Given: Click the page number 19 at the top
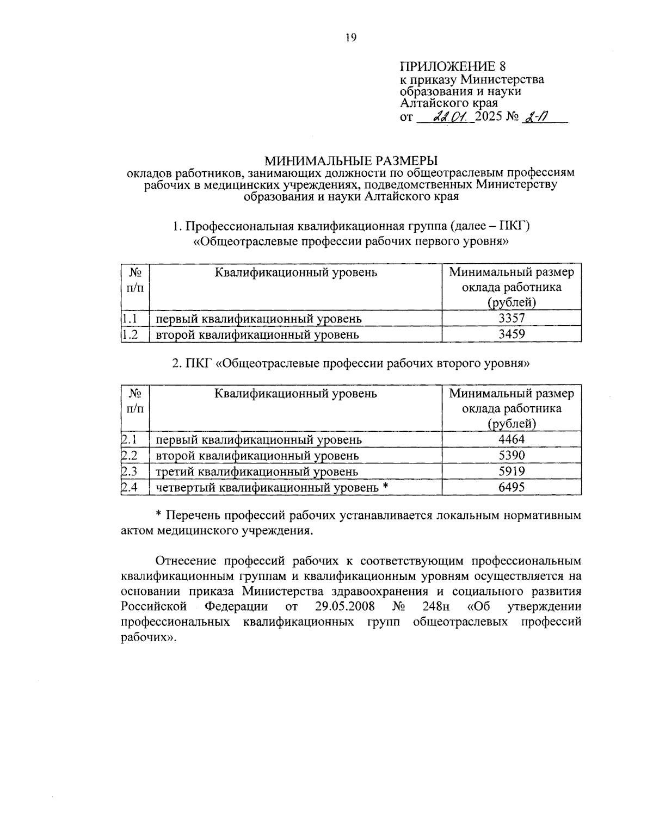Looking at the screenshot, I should pyautogui.click(x=350, y=38).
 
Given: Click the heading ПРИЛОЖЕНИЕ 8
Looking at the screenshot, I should pyautogui.click(x=453, y=66).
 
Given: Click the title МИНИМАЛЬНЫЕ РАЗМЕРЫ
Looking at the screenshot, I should pyautogui.click(x=350, y=160).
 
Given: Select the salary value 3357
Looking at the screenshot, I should pyautogui.click(x=512, y=318).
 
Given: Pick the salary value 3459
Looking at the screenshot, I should pyautogui.click(x=512, y=334).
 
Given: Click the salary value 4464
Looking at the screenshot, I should pyautogui.click(x=512, y=439).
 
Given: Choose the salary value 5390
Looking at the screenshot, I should pyautogui.click(x=512, y=455).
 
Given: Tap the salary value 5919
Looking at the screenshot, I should pyautogui.click(x=512, y=471).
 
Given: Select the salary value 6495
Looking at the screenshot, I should pyautogui.click(x=512, y=487).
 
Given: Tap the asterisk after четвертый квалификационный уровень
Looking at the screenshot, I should pyautogui.click(x=385, y=486).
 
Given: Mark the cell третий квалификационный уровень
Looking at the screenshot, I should pyautogui.click(x=257, y=471).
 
